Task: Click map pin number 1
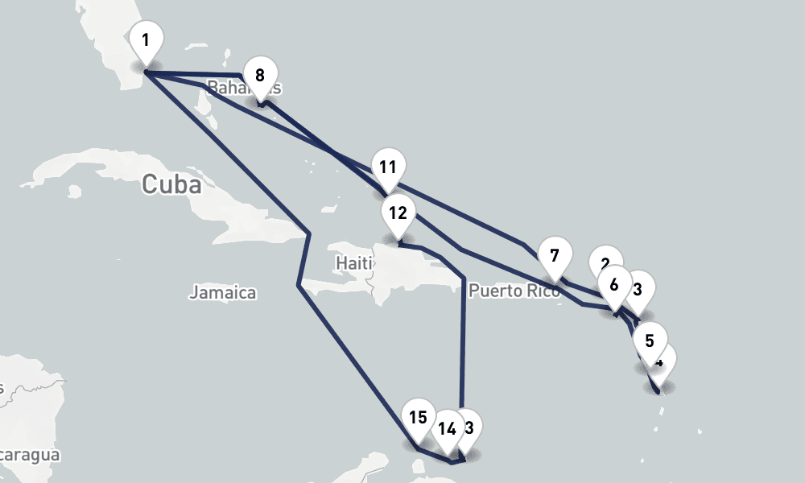146,40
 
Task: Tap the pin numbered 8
259,76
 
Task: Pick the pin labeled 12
397,213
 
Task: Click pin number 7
554,257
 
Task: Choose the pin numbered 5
650,339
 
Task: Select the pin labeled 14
447,428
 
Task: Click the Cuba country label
171,184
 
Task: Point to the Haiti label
355,263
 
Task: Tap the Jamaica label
223,293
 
